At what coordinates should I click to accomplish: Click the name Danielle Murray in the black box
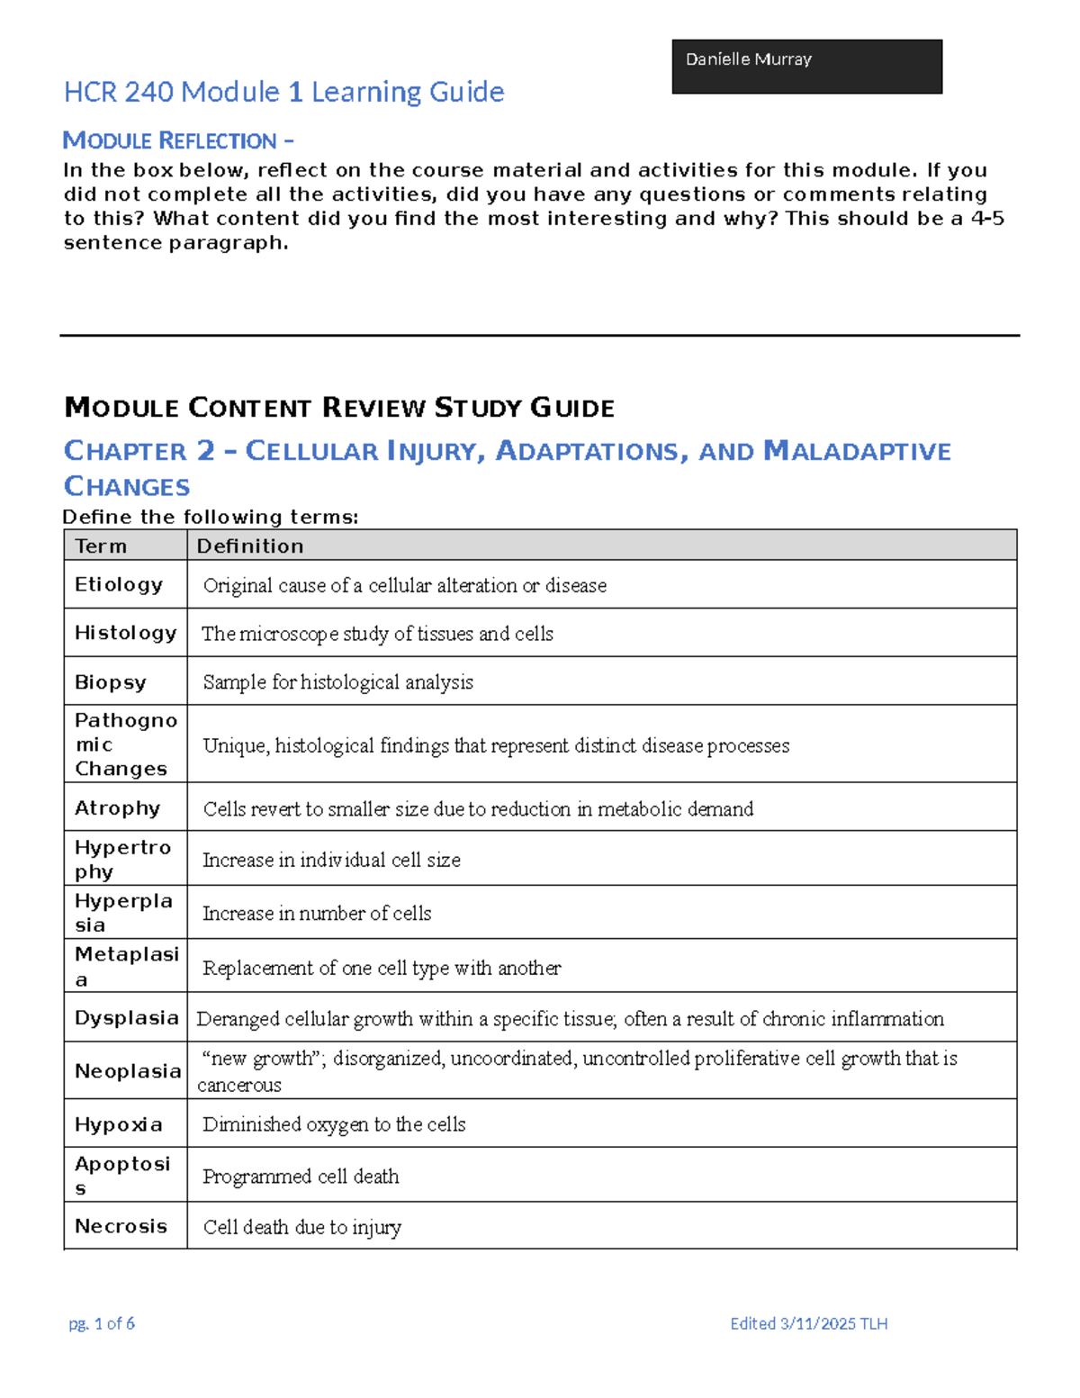tap(748, 59)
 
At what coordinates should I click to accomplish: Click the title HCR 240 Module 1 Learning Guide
tap(283, 92)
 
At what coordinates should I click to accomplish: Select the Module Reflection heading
tap(177, 140)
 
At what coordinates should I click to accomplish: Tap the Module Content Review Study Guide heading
tap(339, 408)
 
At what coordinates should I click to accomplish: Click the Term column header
tap(101, 546)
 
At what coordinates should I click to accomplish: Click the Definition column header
tap(250, 546)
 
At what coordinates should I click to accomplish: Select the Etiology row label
tap(119, 584)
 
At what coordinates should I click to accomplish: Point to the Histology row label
tap(125, 633)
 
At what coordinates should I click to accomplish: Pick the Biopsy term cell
tap(110, 681)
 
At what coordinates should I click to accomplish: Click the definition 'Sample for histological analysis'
tap(337, 682)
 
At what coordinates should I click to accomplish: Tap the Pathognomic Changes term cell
tap(125, 744)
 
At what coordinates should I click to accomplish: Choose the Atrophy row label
tap(117, 807)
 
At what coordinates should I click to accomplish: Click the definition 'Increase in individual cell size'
tap(331, 860)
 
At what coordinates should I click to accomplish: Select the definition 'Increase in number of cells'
tap(317, 913)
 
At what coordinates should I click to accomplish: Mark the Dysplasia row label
tap(126, 1017)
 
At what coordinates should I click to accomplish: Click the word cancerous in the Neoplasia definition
tap(239, 1085)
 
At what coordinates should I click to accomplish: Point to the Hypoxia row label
tap(119, 1123)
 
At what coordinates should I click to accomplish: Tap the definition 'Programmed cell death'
tap(301, 1176)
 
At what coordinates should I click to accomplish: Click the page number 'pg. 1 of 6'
tap(102, 1322)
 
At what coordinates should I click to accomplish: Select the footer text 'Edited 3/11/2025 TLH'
tap(808, 1322)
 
